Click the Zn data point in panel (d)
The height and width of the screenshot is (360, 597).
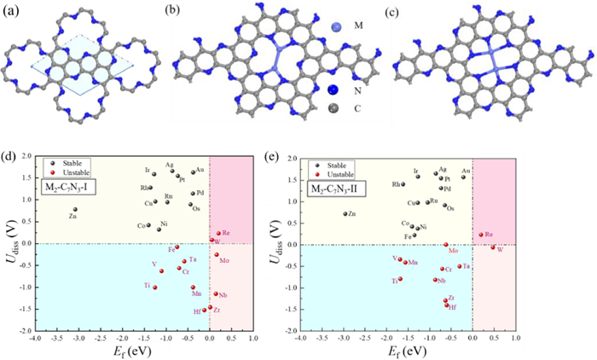75,209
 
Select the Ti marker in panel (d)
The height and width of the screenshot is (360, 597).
154,287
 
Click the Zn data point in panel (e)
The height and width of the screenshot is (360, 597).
345,214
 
